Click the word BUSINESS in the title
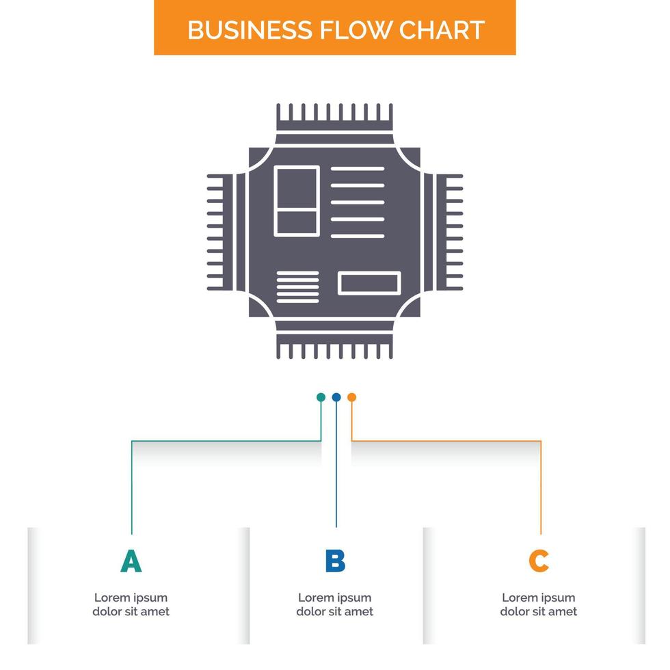pos(250,30)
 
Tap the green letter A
pos(131,561)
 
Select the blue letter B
pos(335,561)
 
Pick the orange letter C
pos(539,561)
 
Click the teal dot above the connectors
pos(321,397)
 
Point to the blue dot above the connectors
pos(336,397)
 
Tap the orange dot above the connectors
pos(351,397)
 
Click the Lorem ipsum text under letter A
pos(131,604)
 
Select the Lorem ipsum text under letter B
pos(335,604)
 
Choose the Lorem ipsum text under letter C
pos(539,604)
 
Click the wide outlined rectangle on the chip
pos(369,283)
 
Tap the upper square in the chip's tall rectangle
pos(296,188)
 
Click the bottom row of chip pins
pos(335,349)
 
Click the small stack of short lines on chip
pos(297,286)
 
